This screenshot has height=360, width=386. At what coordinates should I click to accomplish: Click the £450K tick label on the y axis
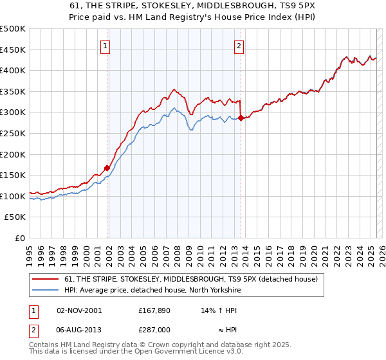coord(13,50)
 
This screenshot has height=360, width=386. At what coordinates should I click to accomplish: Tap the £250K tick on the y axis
coord(13,133)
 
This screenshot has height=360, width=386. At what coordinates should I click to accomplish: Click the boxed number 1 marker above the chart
coord(105,46)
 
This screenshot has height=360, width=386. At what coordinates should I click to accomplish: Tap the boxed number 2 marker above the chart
coord(239,46)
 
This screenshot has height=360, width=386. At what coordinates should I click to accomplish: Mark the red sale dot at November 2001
coord(107,168)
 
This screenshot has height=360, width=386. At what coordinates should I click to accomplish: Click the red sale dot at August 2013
coord(241,118)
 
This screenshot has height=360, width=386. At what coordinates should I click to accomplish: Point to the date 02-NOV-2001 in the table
coord(79,310)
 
